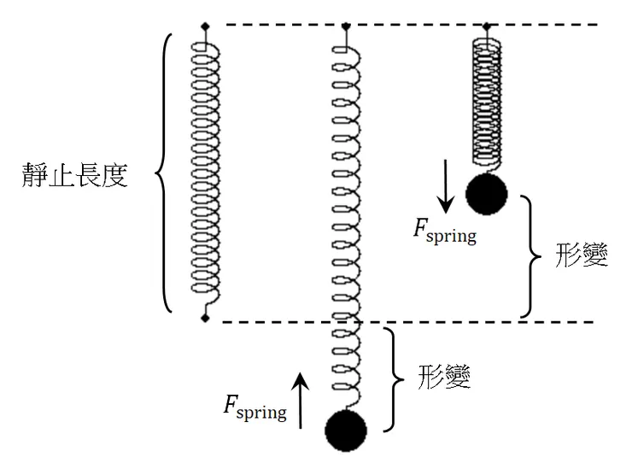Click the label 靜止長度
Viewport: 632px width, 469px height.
[76, 177]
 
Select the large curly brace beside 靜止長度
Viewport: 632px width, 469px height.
[167, 173]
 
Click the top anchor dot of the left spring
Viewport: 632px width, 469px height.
[205, 26]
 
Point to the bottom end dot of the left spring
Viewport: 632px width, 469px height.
[205, 318]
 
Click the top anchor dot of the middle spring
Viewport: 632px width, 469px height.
[345, 26]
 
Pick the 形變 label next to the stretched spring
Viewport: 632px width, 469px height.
[445, 377]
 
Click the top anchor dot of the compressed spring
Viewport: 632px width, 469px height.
[487, 26]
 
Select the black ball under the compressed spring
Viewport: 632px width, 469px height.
[487, 194]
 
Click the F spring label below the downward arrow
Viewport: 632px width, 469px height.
[444, 232]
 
